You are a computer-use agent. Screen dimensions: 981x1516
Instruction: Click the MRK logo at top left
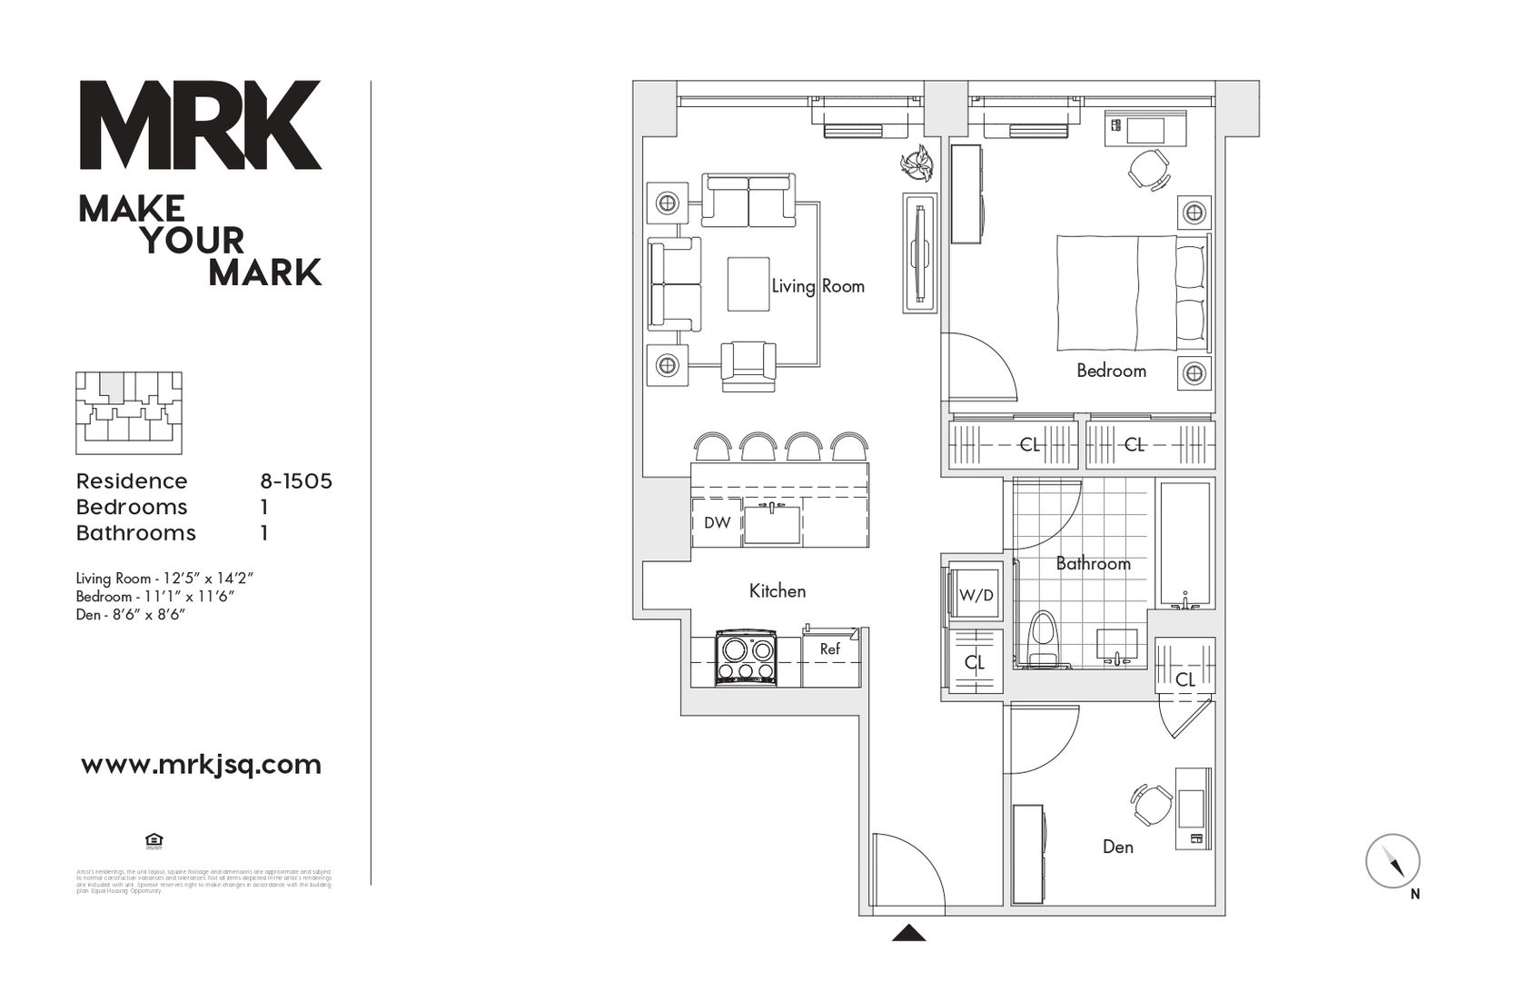(200, 124)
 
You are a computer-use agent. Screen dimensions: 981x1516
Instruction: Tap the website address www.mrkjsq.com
(201, 765)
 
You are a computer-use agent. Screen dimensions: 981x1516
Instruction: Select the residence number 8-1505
(296, 481)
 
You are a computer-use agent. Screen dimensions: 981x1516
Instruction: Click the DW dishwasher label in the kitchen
(717, 523)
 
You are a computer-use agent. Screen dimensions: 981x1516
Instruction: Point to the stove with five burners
(745, 659)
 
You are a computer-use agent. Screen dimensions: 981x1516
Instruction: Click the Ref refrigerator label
(830, 649)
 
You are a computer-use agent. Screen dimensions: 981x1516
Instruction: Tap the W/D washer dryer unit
(976, 595)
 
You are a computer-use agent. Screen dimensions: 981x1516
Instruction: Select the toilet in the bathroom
(1043, 641)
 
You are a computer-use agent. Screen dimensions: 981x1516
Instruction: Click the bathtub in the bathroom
(1185, 545)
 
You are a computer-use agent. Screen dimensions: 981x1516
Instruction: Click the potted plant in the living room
(917, 164)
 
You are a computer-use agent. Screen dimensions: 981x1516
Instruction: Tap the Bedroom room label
(1111, 371)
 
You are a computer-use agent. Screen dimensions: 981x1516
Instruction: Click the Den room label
(1117, 847)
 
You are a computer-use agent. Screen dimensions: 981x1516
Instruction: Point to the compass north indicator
(1393, 861)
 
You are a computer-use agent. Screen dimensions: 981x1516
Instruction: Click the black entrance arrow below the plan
(908, 933)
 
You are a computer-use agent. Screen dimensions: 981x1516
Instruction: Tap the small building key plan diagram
(128, 412)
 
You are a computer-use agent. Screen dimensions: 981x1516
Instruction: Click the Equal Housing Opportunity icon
(154, 839)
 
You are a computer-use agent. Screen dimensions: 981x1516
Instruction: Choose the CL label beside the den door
(1184, 679)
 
